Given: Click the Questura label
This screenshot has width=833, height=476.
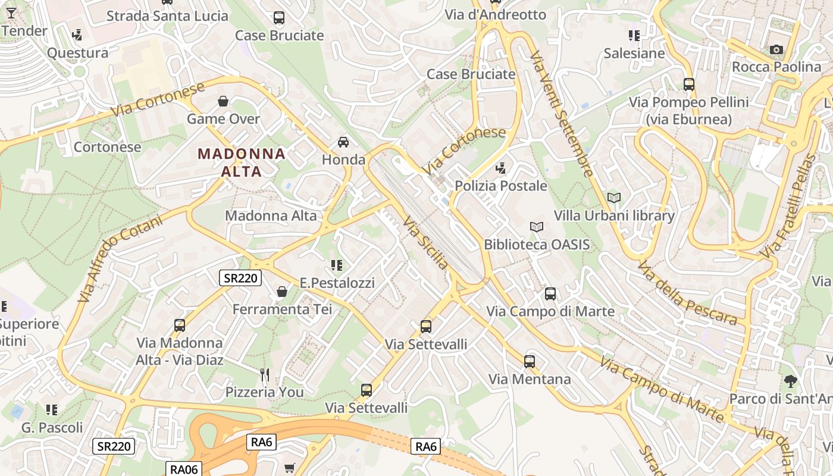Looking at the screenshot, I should click(77, 53).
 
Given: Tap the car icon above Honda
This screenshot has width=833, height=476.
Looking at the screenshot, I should click(343, 142).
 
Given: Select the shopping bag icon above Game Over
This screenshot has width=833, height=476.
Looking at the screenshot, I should click(223, 101).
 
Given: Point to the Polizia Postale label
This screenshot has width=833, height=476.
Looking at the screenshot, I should click(501, 186).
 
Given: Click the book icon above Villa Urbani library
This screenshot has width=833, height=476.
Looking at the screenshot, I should click(614, 198).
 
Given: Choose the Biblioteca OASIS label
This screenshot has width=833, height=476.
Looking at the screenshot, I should click(537, 244).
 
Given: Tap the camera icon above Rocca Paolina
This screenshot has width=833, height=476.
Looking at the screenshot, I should click(776, 49).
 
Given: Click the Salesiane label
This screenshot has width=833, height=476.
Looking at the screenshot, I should click(634, 53).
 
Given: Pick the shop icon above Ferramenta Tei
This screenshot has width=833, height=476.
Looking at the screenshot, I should click(282, 292).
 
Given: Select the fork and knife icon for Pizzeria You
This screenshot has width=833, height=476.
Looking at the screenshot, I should click(265, 374).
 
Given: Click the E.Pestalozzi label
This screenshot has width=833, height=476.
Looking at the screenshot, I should click(337, 283).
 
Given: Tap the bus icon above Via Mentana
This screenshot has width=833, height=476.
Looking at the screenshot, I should click(530, 361).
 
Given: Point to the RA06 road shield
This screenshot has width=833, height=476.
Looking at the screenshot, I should click(183, 469).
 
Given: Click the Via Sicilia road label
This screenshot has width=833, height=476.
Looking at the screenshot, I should click(425, 242).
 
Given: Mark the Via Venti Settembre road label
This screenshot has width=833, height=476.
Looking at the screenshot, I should click(562, 114).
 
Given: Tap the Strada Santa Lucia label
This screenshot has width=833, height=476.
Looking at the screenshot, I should click(167, 16).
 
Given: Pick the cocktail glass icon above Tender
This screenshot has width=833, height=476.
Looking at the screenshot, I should click(11, 13).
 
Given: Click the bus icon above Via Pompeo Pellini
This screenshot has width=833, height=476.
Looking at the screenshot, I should click(689, 84).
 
